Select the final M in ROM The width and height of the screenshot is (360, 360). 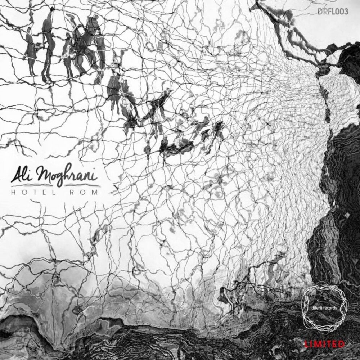(x=94, y=192)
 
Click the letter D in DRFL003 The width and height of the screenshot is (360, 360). (x=320, y=12)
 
